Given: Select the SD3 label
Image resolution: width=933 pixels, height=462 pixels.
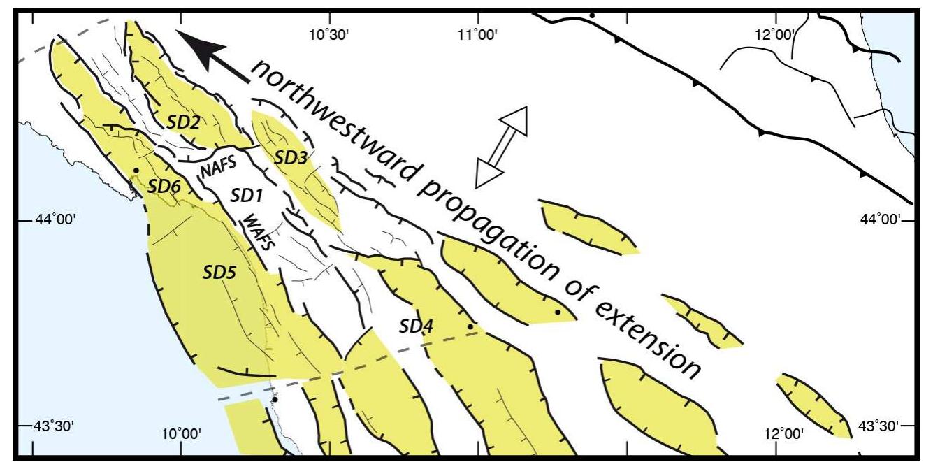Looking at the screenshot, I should (x=290, y=158).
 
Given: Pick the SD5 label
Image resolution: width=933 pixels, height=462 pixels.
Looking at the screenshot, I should (x=219, y=271).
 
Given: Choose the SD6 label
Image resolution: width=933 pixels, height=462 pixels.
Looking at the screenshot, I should (x=165, y=186).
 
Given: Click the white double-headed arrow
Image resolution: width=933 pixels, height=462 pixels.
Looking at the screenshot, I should (x=500, y=147).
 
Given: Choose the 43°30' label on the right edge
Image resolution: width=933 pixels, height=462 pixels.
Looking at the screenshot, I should (x=878, y=426).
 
